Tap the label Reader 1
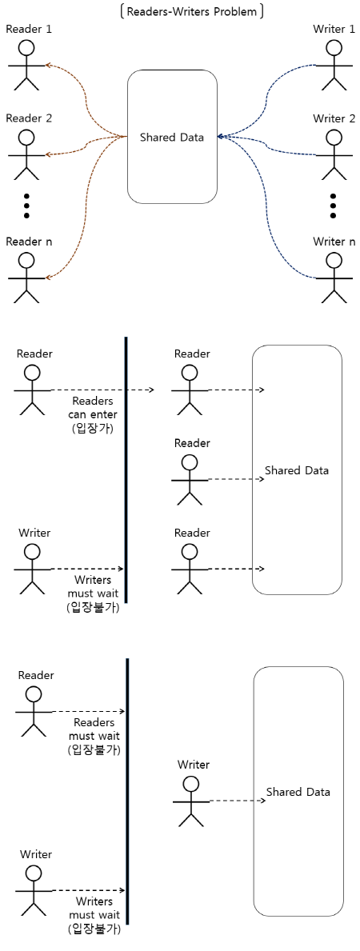(x=28, y=30)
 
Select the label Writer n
(x=334, y=242)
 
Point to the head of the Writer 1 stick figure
(x=334, y=48)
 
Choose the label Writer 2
(x=334, y=118)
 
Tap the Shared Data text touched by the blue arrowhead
(x=172, y=138)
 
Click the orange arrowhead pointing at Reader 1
(x=47, y=66)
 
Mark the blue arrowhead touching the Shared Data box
(x=221, y=137)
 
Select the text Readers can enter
(x=93, y=408)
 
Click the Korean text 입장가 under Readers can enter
(x=93, y=429)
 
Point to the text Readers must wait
(x=93, y=729)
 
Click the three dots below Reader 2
(x=26, y=206)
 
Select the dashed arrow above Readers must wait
(x=88, y=711)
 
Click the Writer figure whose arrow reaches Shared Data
(x=191, y=801)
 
